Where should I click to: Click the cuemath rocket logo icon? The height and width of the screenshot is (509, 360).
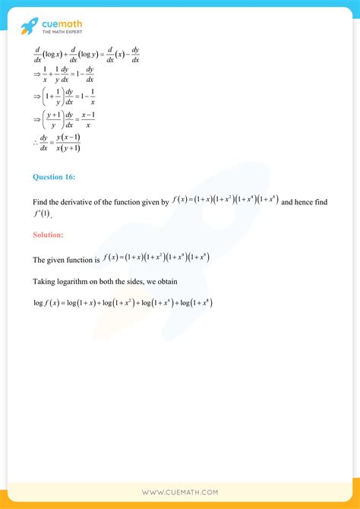click(x=30, y=27)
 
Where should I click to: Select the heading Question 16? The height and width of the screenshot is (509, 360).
click(x=54, y=177)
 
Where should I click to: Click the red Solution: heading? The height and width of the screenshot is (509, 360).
click(x=48, y=235)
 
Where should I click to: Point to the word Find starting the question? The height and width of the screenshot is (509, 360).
click(x=40, y=203)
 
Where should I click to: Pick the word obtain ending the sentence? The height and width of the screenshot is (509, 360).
click(x=166, y=282)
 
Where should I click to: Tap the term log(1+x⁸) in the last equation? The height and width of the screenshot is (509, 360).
click(x=192, y=303)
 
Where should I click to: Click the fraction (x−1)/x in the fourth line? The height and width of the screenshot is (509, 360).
click(x=86, y=120)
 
